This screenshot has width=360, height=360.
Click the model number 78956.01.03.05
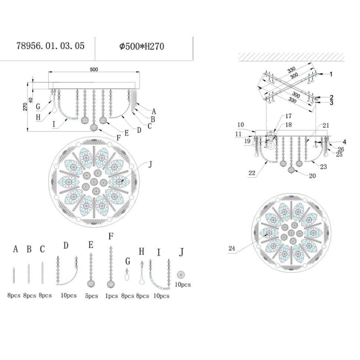[50, 46]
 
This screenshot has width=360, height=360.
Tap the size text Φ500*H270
[142, 46]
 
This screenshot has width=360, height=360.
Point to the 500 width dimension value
[94, 69]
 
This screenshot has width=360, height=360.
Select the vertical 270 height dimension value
[25, 107]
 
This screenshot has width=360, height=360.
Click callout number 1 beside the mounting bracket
[331, 74]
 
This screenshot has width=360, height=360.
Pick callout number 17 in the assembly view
[288, 116]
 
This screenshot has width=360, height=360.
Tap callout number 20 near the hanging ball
[312, 176]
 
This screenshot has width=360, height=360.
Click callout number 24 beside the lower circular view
[232, 248]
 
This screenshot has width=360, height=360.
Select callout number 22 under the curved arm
[252, 173]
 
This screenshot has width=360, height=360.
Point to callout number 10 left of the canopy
[240, 125]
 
